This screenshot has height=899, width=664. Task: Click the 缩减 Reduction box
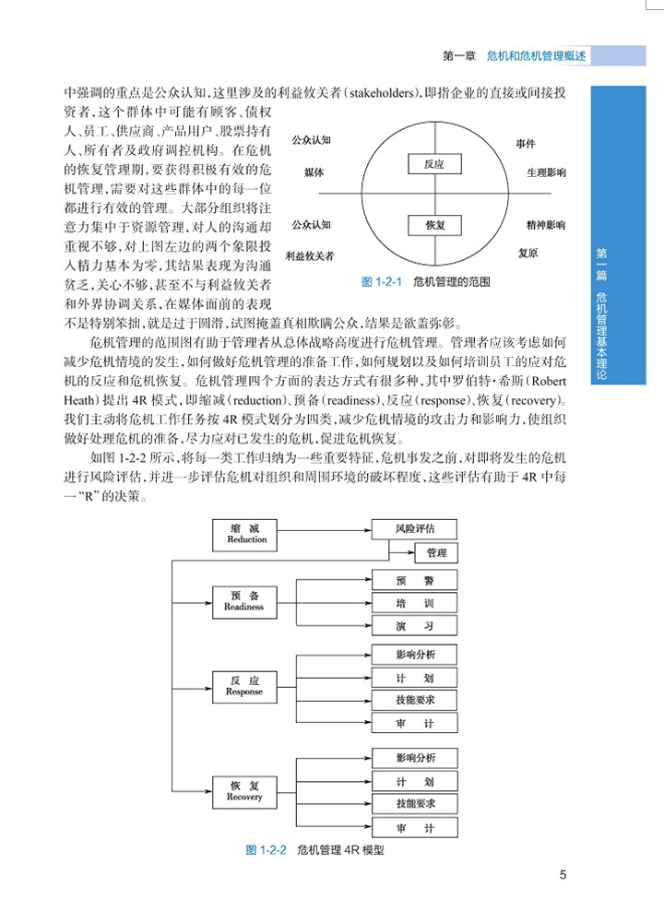tap(246, 534)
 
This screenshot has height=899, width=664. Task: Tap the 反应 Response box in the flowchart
tap(243, 686)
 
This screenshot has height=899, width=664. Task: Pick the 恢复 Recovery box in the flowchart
tap(243, 791)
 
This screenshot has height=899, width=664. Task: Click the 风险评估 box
tap(414, 530)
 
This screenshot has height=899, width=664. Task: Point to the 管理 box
tap(436, 553)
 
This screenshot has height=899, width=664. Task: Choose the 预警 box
tap(414, 581)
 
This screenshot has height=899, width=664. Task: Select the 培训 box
tap(414, 604)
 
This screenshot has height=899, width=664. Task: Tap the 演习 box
tap(414, 626)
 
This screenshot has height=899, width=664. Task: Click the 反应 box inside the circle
tap(435, 164)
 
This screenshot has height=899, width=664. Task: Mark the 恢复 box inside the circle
tap(435, 224)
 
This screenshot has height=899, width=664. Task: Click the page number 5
tap(563, 876)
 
